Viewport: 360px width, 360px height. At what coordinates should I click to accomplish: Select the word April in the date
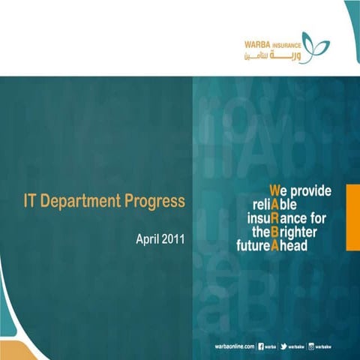148,240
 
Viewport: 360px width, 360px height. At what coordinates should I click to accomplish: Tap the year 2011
172,240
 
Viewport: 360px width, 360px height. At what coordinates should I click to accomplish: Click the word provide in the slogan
313,191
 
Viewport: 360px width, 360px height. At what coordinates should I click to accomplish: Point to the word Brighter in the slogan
295,232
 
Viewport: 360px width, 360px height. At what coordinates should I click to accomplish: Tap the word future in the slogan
252,245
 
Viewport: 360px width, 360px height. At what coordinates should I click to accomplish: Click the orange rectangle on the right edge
352,214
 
